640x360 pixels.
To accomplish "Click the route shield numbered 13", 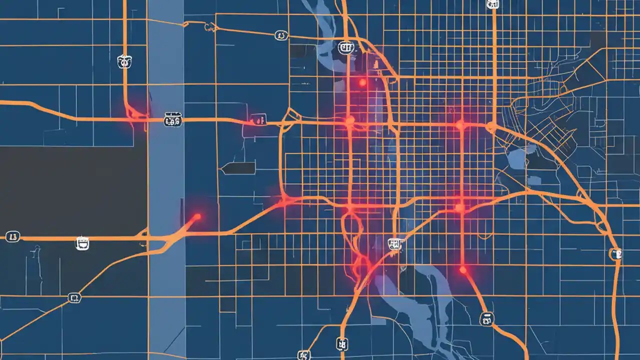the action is click(13, 236).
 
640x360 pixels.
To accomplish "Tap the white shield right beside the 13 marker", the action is click(82, 243).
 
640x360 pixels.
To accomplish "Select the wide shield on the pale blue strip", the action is click(173, 120).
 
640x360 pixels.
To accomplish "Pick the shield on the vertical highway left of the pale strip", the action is click(124, 61).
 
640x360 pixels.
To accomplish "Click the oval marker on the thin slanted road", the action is click(281, 35).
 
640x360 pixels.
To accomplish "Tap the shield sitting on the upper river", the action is click(345, 47).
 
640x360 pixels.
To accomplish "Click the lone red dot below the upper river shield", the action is click(362, 82).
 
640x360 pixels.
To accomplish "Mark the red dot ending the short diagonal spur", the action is click(197, 216).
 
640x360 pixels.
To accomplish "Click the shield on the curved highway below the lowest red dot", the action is click(486, 318).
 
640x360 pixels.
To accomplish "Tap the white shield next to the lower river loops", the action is click(394, 243).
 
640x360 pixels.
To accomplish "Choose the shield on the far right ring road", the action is click(615, 254).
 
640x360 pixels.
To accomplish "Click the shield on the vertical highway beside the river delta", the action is click(342, 344).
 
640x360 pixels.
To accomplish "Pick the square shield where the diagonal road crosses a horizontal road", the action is click(74, 298).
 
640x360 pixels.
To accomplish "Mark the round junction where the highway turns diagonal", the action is click(491, 127).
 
